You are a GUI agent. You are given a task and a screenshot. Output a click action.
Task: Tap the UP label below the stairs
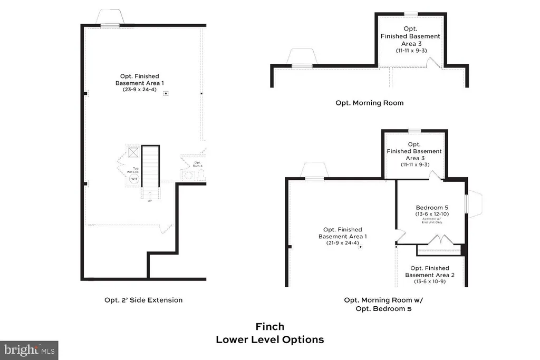pyautogui.click(x=150, y=201)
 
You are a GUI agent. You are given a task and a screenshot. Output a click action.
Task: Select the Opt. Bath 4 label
pyautogui.click(x=198, y=164)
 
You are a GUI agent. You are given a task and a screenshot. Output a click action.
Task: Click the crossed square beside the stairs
pyautogui.click(x=133, y=153)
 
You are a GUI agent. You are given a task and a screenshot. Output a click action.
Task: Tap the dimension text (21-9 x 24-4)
pyautogui.click(x=342, y=244)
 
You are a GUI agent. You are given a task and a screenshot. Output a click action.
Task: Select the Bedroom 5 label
pyautogui.click(x=431, y=207)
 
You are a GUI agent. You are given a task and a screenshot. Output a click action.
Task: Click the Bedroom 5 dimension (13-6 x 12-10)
pyautogui.click(x=431, y=215)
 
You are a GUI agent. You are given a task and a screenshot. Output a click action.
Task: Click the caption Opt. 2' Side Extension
pyautogui.click(x=143, y=300)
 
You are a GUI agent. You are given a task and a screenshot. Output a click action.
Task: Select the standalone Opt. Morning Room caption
pyautogui.click(x=369, y=103)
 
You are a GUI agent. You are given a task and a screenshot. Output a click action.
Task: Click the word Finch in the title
pyautogui.click(x=269, y=327)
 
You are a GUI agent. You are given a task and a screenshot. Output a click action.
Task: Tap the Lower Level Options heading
pyautogui.click(x=269, y=340)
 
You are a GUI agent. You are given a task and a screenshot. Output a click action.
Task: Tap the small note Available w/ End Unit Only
pyautogui.click(x=431, y=222)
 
